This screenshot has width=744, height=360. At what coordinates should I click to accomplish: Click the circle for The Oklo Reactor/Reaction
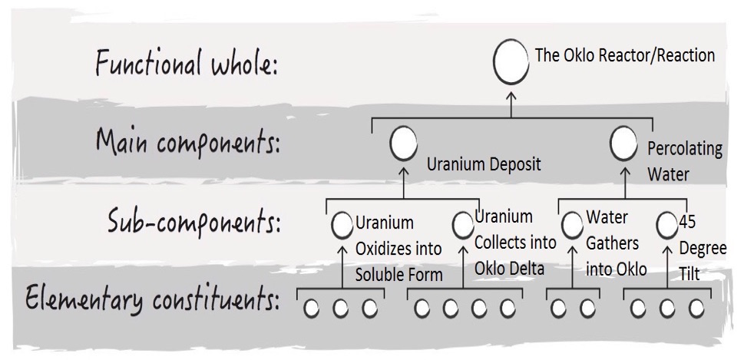pos(511,64)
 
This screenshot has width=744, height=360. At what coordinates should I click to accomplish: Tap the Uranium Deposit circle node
pos(403,143)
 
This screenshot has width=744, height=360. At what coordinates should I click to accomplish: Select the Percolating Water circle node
pos(624,142)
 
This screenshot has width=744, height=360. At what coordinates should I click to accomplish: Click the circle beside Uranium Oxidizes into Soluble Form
pos(342,226)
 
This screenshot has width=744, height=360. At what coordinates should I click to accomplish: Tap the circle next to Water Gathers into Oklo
pos(572,226)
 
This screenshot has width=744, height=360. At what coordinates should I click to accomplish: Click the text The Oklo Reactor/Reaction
pos(624,56)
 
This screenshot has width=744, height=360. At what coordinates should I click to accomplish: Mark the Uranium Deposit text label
pos(484,163)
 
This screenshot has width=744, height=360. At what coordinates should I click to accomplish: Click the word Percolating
pos(685,149)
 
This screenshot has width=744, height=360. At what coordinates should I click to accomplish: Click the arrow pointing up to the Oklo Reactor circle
pos(511,102)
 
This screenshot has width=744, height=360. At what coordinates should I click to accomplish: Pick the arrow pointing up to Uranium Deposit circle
pos(403,179)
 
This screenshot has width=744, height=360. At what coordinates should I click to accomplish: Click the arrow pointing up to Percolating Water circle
pos(624,179)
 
